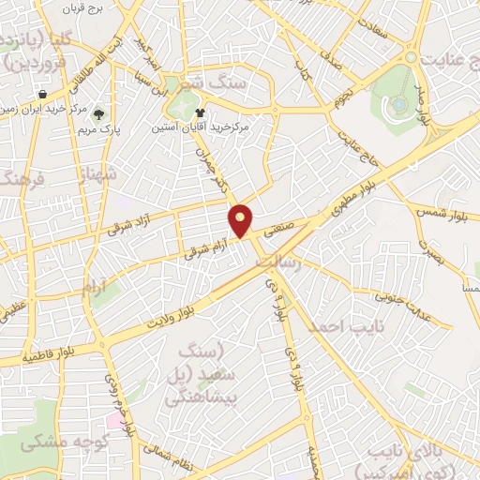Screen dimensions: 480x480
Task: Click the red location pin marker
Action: [241, 220]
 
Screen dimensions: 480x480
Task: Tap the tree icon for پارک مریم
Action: [100, 114]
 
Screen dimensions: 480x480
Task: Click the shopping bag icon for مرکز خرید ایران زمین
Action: [43, 94]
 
